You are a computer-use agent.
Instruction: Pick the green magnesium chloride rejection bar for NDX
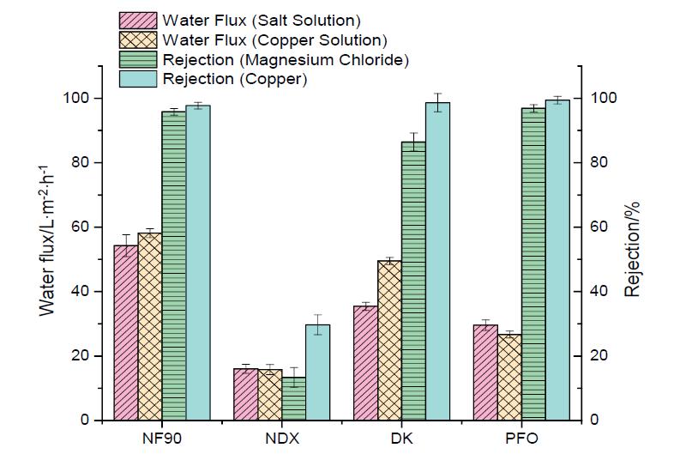294,398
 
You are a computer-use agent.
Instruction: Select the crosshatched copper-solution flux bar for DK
389,340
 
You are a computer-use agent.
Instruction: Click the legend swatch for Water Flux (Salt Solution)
137,20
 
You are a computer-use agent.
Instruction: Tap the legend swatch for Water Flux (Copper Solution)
137,39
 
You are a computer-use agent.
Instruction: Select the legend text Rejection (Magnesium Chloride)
285,59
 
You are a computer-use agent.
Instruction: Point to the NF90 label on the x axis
162,439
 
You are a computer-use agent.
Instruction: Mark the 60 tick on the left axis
81,227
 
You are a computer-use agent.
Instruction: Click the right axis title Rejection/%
633,245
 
